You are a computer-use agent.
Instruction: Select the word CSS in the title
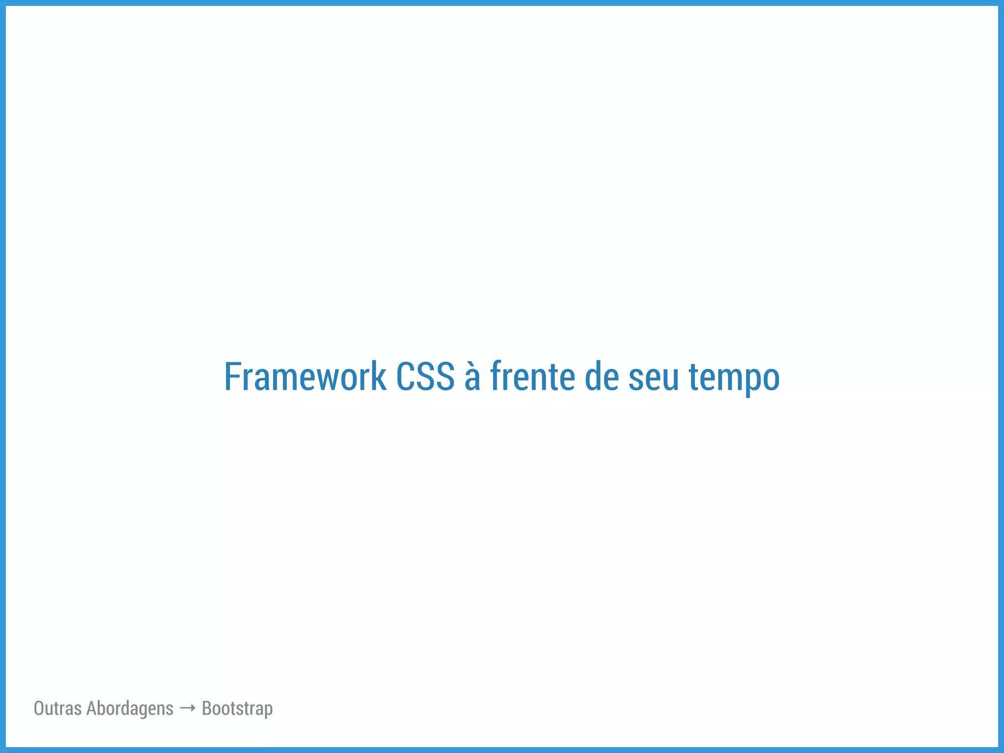[x=425, y=376]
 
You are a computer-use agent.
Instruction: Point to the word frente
[x=532, y=376]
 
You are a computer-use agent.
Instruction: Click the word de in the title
[x=602, y=376]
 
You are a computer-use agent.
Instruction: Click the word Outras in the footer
[x=57, y=708]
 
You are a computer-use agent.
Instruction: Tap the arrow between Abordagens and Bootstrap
[x=188, y=708]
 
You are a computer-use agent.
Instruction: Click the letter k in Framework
[x=378, y=376]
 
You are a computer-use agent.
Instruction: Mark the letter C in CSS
[x=405, y=376]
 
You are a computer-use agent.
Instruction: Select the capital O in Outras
[x=39, y=708]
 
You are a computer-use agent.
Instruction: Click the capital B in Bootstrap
[x=207, y=708]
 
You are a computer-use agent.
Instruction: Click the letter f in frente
[x=496, y=376]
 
